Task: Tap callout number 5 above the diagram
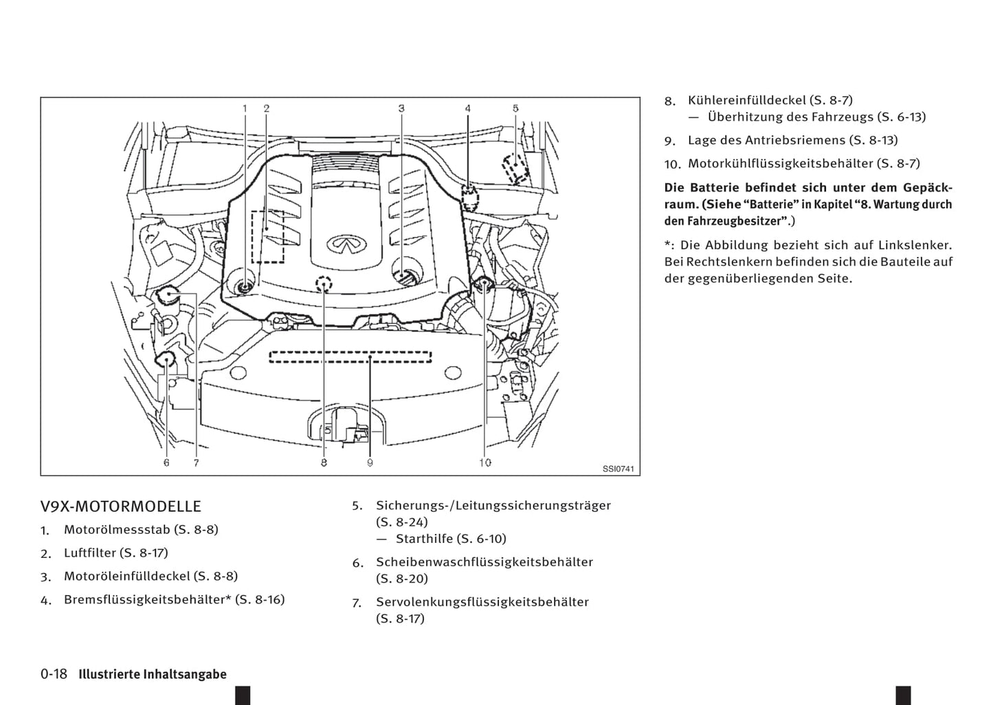pyautogui.click(x=515, y=108)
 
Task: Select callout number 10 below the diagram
pyautogui.click(x=485, y=462)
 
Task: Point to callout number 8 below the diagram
pyautogui.click(x=324, y=462)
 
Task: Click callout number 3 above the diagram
pyautogui.click(x=401, y=108)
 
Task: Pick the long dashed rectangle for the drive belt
pyautogui.click(x=350, y=357)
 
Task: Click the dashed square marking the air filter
pyautogui.click(x=267, y=236)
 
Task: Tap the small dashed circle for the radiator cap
pyautogui.click(x=324, y=283)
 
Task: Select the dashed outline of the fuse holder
pyautogui.click(x=515, y=168)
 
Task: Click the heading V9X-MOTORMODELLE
pyautogui.click(x=121, y=506)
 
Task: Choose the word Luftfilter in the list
pyautogui.click(x=90, y=552)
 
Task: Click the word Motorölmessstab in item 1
pyautogui.click(x=117, y=529)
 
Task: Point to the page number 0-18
pyautogui.click(x=54, y=674)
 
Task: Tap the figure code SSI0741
pyautogui.click(x=618, y=469)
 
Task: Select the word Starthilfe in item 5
pyautogui.click(x=424, y=539)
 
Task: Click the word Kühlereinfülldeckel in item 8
pyautogui.click(x=747, y=100)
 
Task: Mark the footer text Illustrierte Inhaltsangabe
pyautogui.click(x=153, y=674)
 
